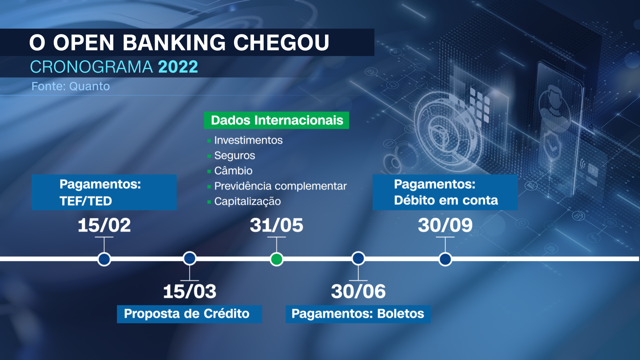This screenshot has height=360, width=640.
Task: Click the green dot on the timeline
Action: tap(276, 259)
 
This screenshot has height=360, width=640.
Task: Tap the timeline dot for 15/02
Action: tap(104, 259)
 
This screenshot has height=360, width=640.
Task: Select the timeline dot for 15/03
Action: tap(190, 258)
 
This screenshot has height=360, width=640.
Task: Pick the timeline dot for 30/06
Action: tap(358, 258)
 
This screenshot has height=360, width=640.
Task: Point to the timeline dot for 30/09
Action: tap(445, 259)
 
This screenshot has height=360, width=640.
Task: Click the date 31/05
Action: tap(277, 225)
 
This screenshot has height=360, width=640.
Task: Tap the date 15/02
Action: tap(104, 225)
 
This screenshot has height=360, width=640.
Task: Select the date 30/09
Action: tap(445, 225)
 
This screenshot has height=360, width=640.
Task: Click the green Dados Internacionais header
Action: tap(277, 120)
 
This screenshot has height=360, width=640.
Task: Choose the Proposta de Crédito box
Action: tap(189, 314)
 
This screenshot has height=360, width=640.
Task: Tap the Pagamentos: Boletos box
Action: tap(358, 314)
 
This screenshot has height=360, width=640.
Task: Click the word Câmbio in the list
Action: tap(233, 171)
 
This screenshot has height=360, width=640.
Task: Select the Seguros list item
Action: tap(235, 156)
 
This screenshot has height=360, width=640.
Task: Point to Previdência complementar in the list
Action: tap(280, 186)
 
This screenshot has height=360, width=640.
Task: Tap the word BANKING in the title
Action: tap(174, 43)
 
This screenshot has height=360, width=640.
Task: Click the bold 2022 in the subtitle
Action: tap(178, 67)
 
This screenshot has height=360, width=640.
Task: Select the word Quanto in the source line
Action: tap(89, 86)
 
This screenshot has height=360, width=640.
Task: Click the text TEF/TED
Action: tap(86, 201)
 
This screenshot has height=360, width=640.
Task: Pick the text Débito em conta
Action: tap(446, 200)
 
